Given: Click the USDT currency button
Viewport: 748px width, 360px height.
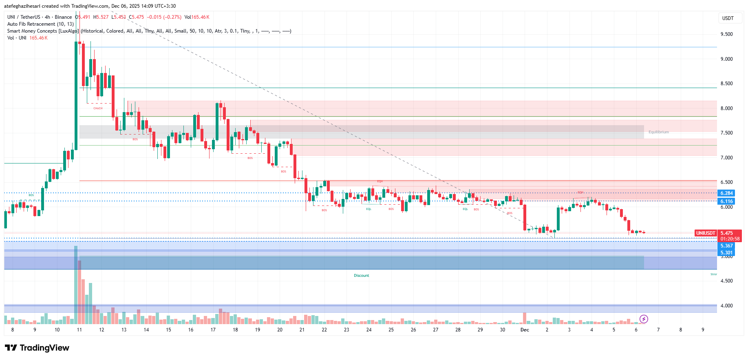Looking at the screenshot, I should point(728,18).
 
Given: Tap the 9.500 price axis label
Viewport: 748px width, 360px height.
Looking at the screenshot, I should point(726,34).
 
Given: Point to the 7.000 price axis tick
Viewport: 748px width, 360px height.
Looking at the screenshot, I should point(726,158).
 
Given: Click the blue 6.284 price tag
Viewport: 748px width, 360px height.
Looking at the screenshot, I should point(726,193).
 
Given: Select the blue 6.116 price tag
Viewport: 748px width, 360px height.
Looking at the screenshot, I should point(726,201).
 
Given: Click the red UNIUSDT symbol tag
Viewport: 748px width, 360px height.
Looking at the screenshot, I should point(705,233).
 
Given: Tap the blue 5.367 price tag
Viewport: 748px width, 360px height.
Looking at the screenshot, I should point(726,246).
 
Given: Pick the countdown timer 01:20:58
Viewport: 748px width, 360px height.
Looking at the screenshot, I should point(730,239).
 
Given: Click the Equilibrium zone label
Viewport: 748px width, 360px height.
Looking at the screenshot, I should point(658,132).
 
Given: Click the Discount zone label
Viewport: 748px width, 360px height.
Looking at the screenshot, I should point(361,276).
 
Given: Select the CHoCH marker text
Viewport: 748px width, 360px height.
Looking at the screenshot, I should point(98,108).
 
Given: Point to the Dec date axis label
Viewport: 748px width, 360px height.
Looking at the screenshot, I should point(525,330).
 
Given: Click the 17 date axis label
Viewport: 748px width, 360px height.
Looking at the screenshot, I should point(213,330).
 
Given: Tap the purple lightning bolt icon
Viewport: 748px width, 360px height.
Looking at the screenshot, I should point(644,319).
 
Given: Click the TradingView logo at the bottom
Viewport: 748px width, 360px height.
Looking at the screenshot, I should point(37,348).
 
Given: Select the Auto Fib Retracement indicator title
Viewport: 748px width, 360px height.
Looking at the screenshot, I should point(40,24).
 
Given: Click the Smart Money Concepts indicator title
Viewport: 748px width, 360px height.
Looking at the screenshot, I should point(43,31).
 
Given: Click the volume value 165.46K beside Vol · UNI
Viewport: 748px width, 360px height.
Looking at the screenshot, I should point(38,38).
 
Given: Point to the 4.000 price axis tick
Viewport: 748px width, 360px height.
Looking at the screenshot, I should point(726,306).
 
